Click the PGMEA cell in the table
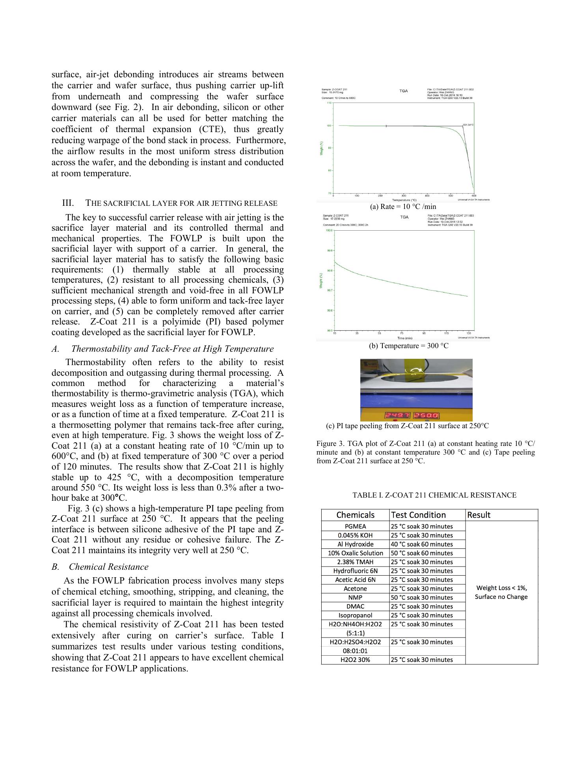coord(355,526)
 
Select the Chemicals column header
coord(355,515)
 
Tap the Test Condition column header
coord(418,515)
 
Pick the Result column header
coord(479,515)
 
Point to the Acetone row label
coord(355,589)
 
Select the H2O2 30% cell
coord(355,660)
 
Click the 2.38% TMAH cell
coord(355,562)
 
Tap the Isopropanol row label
coord(355,615)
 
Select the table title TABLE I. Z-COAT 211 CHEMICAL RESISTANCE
coord(434,495)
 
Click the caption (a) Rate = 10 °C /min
coord(403,207)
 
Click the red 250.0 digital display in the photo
coord(426,416)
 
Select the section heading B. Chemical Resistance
coord(100,567)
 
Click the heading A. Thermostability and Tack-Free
coord(162,349)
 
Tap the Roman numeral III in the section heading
coord(68,203)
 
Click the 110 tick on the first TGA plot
coord(329,103)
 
